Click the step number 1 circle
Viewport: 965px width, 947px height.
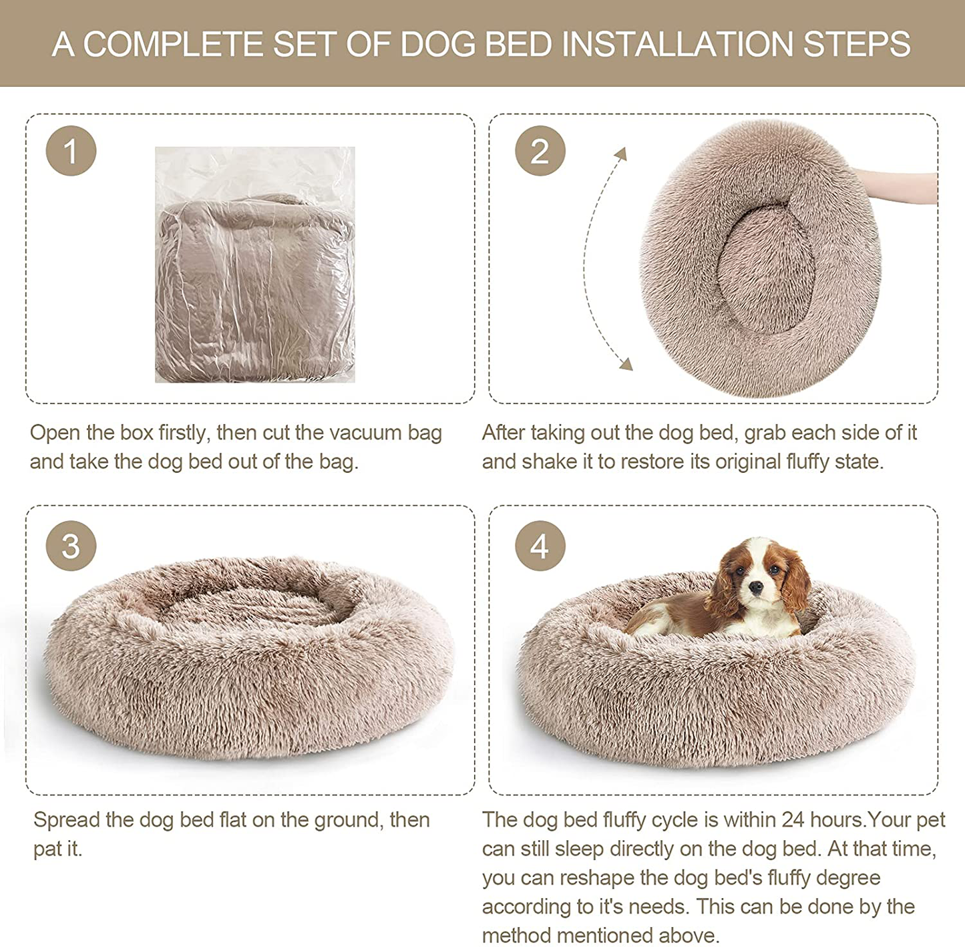[x=71, y=151]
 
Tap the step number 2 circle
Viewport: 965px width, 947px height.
[x=540, y=151]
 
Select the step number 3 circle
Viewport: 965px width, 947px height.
[x=71, y=546]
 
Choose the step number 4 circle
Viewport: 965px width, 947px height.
[x=540, y=546]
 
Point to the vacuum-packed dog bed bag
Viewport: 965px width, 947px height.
[x=255, y=264]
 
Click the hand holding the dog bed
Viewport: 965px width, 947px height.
[x=896, y=185]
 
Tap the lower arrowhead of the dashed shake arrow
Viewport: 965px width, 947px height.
[x=626, y=363]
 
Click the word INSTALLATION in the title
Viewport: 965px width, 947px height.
[x=677, y=44]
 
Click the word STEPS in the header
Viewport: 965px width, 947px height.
[x=856, y=44]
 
